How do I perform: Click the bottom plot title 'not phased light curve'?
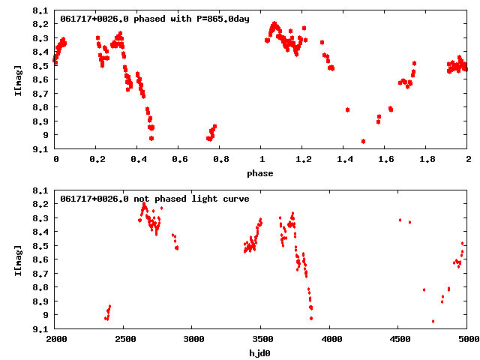[x=191, y=199]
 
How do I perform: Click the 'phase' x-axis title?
[x=261, y=173]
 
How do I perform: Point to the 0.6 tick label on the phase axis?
[x=179, y=160]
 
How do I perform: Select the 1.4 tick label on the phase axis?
[x=344, y=160]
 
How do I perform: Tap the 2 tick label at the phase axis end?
[x=467, y=160]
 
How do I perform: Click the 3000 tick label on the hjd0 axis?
[x=193, y=340]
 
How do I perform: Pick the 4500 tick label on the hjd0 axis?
[x=399, y=340]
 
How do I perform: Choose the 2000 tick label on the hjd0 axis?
[x=56, y=340]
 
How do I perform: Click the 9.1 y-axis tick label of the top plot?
[x=41, y=148]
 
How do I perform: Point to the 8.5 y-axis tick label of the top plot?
[x=41, y=66]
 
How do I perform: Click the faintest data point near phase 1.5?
[x=363, y=141]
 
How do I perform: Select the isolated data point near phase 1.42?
[x=347, y=109]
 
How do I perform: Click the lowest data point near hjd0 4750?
[x=433, y=321]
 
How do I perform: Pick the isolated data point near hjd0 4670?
[x=424, y=289]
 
